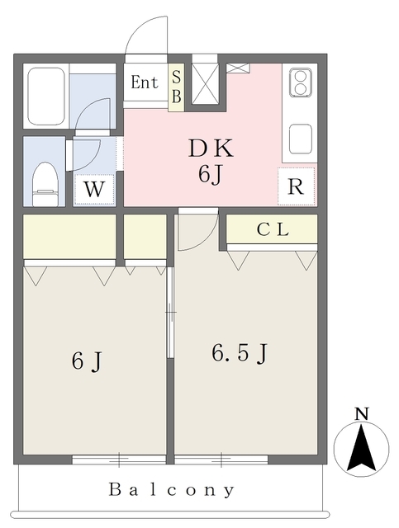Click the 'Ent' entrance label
pyautogui.click(x=145, y=82)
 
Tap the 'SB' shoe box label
pyautogui.click(x=176, y=86)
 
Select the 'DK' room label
pyautogui.click(x=211, y=149)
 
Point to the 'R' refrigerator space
pyautogui.click(x=296, y=186)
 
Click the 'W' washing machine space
pyautogui.click(x=95, y=189)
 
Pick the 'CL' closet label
pyautogui.click(x=272, y=230)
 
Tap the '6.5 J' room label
pyautogui.click(x=240, y=353)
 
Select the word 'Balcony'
pyautogui.click(x=172, y=489)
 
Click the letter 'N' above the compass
pyautogui.click(x=361, y=413)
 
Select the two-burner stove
pyautogui.click(x=298, y=82)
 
